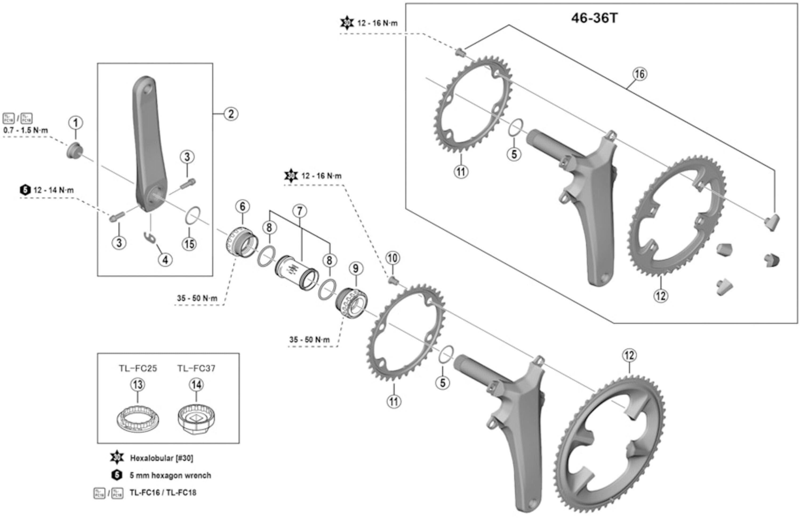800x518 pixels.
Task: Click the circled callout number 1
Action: (x=76, y=123)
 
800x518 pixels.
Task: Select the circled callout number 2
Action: (x=231, y=114)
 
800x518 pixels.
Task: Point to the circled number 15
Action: (x=189, y=244)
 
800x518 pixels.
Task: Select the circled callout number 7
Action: (x=299, y=211)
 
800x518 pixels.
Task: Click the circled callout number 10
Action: (x=392, y=258)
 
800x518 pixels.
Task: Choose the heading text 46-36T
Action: (x=594, y=18)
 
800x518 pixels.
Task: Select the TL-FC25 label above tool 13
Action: (x=138, y=368)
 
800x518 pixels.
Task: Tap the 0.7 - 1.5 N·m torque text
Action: (x=26, y=130)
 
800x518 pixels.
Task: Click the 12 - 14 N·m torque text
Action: (x=53, y=190)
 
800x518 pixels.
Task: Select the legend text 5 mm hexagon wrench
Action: (x=170, y=476)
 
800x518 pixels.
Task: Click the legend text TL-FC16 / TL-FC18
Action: (x=163, y=493)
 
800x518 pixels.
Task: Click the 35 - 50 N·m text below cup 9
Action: (x=310, y=340)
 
